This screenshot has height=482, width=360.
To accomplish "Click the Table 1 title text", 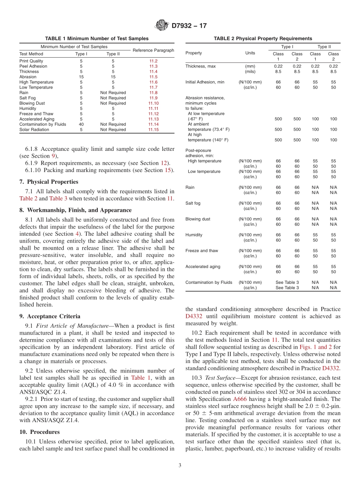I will point(97,39).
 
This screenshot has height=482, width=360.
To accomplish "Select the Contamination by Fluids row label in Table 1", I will point(42,124).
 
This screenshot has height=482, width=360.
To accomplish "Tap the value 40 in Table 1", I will point(81,124).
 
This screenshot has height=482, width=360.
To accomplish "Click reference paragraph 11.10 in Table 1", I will point(153,103).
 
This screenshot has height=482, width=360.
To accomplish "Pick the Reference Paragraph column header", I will point(153,50).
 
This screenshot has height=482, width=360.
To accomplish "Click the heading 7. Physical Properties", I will point(49,182).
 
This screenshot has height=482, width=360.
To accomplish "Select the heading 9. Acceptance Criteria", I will point(50,316).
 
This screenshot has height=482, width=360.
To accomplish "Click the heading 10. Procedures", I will point(39,432).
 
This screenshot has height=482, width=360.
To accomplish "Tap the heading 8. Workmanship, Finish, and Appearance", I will point(75,210).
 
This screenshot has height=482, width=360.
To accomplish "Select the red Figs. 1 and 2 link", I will point(316,347).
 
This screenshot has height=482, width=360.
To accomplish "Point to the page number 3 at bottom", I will point(180,465).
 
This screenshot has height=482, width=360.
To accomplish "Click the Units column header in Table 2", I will point(250,53).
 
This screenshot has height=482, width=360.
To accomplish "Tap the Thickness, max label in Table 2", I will point(200,66).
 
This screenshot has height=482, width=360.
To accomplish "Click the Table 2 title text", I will point(263,39).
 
